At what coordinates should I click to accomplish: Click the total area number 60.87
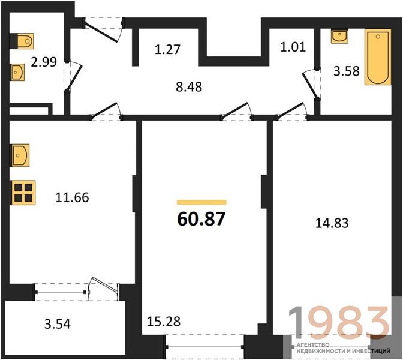[201, 219]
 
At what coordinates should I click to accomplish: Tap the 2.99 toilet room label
[44, 62]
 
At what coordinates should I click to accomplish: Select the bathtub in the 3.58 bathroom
[378, 57]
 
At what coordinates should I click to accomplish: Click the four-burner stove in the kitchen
[23, 193]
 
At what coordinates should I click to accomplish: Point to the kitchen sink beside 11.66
[20, 155]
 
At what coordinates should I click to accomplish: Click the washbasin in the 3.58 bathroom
[339, 36]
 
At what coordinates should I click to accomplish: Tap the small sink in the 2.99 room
[17, 72]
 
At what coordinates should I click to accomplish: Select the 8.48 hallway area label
[189, 86]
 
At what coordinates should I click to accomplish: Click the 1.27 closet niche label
[167, 49]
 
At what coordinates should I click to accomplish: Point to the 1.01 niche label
[293, 47]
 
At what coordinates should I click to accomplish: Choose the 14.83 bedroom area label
[332, 223]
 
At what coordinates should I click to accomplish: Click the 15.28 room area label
[164, 322]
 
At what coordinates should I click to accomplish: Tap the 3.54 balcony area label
[58, 324]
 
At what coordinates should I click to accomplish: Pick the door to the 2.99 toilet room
[74, 77]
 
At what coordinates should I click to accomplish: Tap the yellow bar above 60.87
[201, 202]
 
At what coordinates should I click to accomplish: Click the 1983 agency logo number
[338, 322]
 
